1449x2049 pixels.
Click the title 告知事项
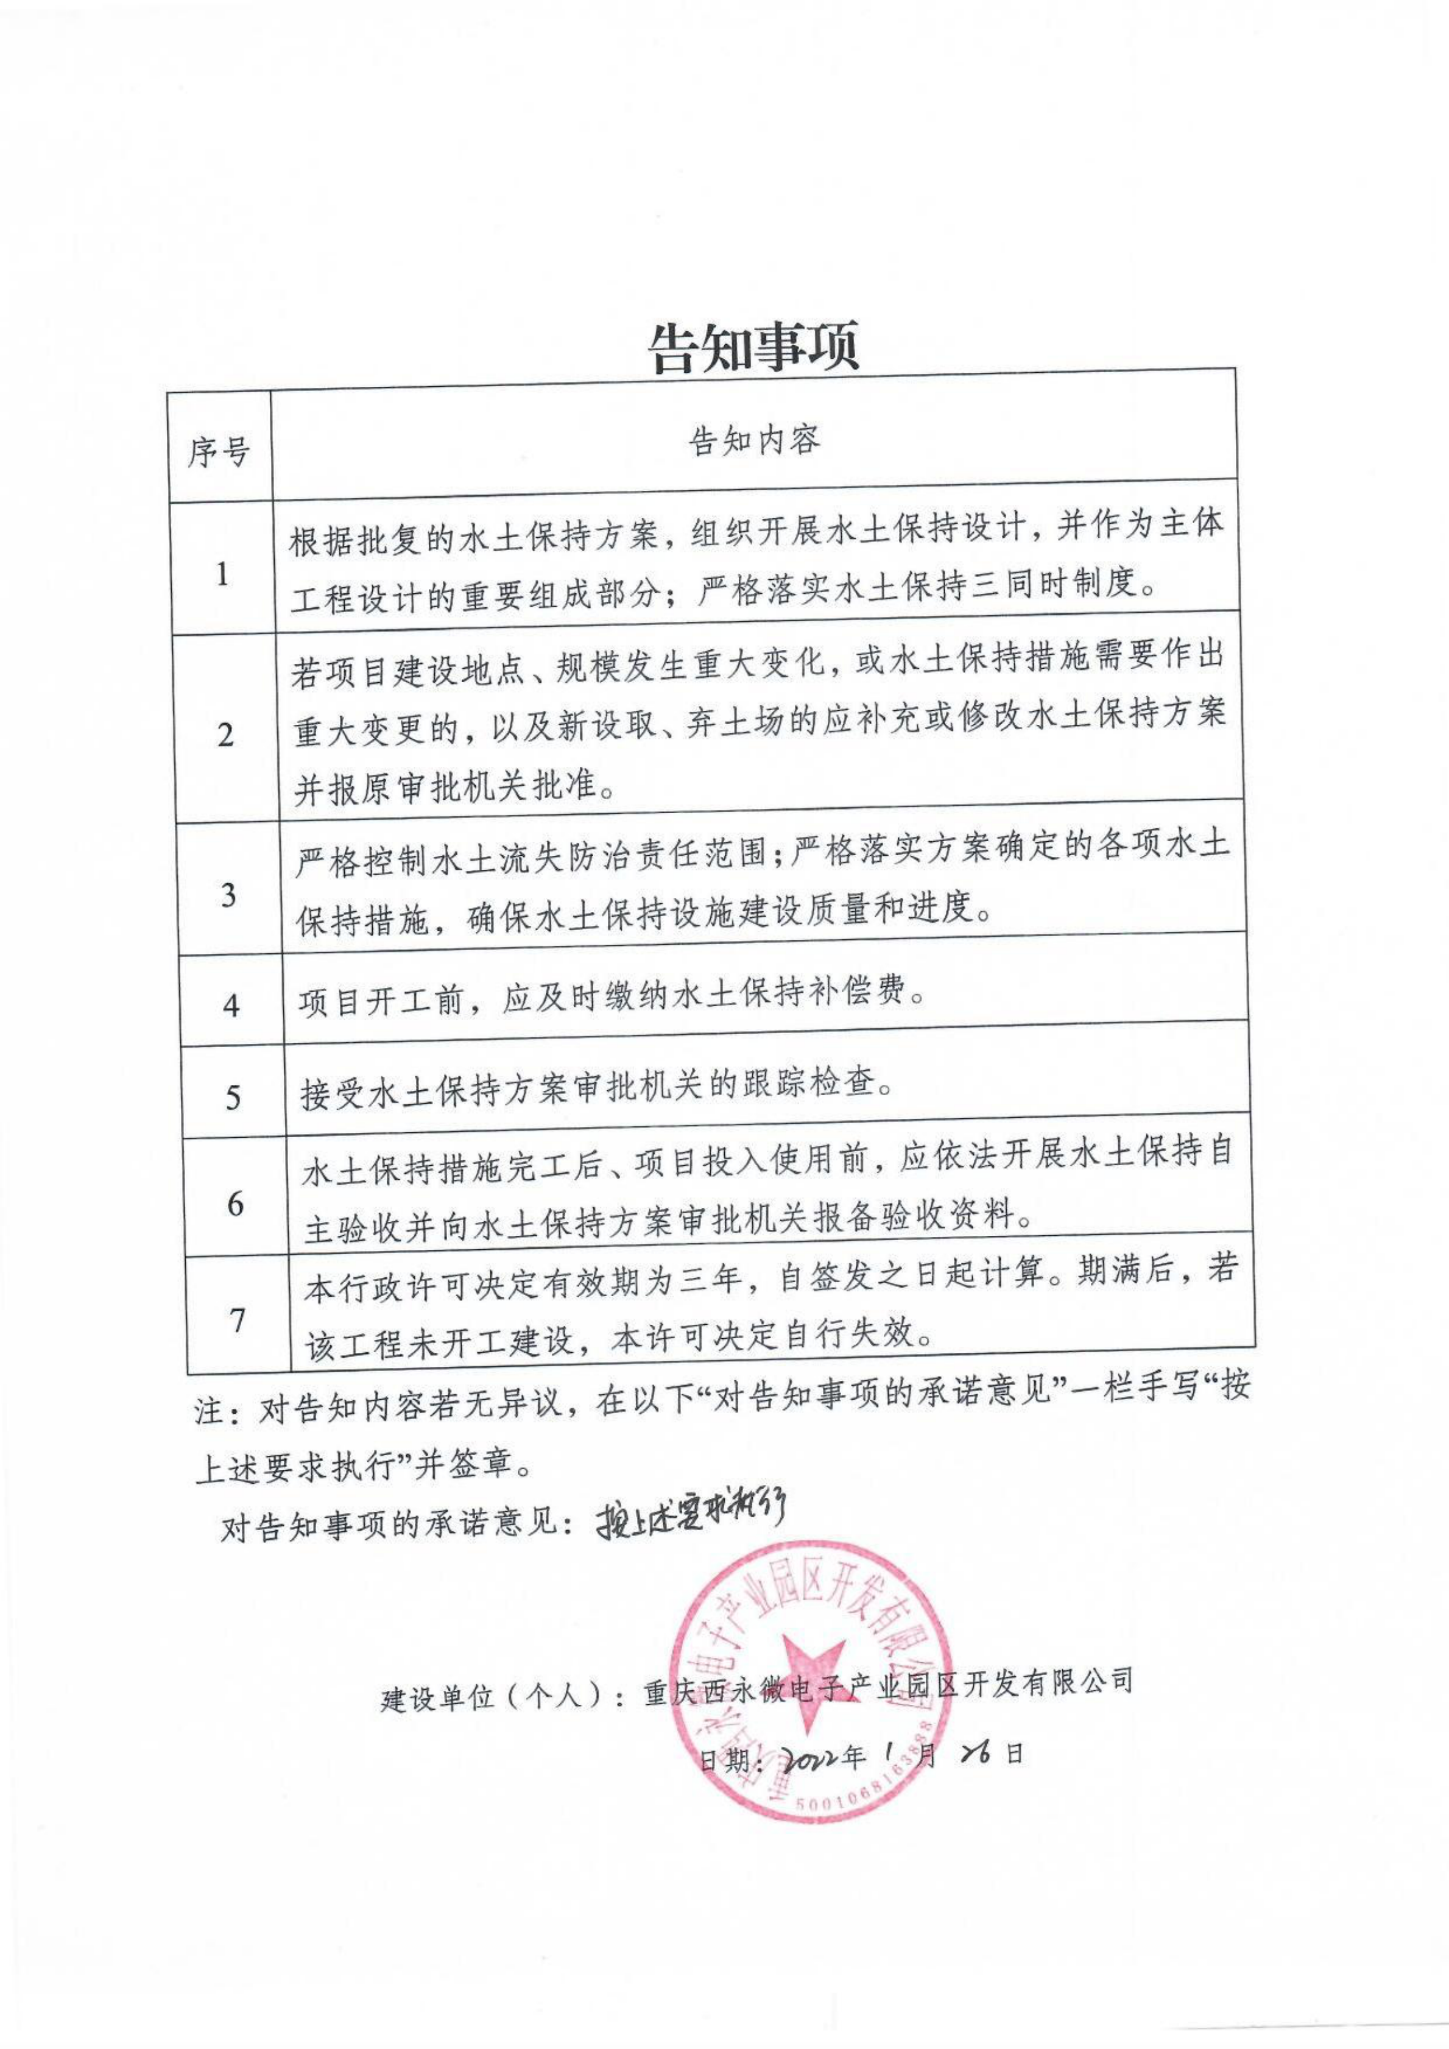754,347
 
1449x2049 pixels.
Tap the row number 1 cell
222,574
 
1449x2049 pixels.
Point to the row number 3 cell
228,894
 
